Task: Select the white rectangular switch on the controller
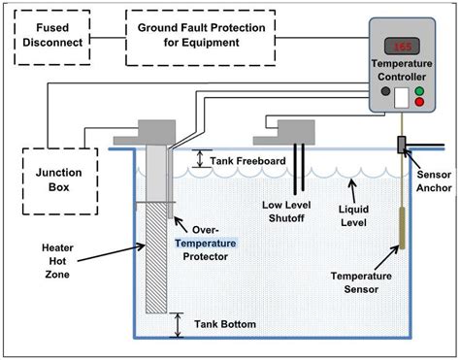401,96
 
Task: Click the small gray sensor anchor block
400,147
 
